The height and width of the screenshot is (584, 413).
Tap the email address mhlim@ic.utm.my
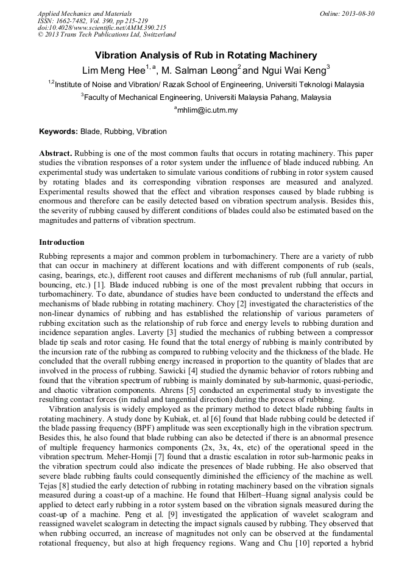pyautogui.click(x=207, y=110)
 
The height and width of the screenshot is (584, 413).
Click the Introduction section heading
pyautogui.click(x=62, y=242)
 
